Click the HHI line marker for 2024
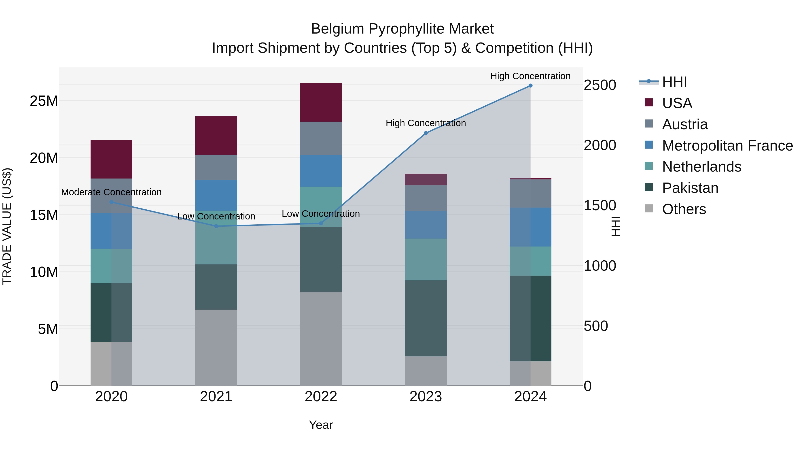pyautogui.click(x=530, y=86)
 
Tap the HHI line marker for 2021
pyautogui.click(x=216, y=226)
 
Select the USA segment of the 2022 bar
pyautogui.click(x=321, y=102)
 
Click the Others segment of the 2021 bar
pyautogui.click(x=216, y=347)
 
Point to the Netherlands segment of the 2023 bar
pyautogui.click(x=426, y=259)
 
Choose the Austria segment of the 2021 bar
pyautogui.click(x=216, y=167)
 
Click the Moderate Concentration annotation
pyautogui.click(x=111, y=192)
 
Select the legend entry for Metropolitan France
pyautogui.click(x=727, y=145)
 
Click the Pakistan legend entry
pyautogui.click(x=690, y=188)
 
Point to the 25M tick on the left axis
pyautogui.click(x=44, y=101)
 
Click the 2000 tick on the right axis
pyautogui.click(x=600, y=145)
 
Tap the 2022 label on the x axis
pyautogui.click(x=321, y=397)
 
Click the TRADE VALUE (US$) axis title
pyautogui.click(x=7, y=226)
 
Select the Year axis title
pyautogui.click(x=321, y=425)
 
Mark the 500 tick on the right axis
pyautogui.click(x=596, y=326)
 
